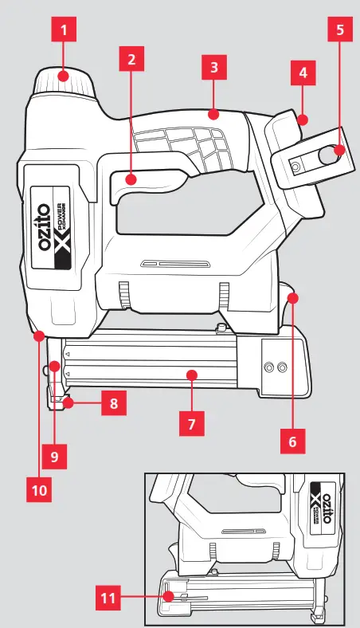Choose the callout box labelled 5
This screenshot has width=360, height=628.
pos(340,31)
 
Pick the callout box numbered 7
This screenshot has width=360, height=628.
pos(190,423)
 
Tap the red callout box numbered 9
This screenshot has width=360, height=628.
pos(55,457)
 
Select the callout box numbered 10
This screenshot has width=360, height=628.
pos(39,489)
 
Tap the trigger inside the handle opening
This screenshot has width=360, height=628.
pos(135,178)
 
